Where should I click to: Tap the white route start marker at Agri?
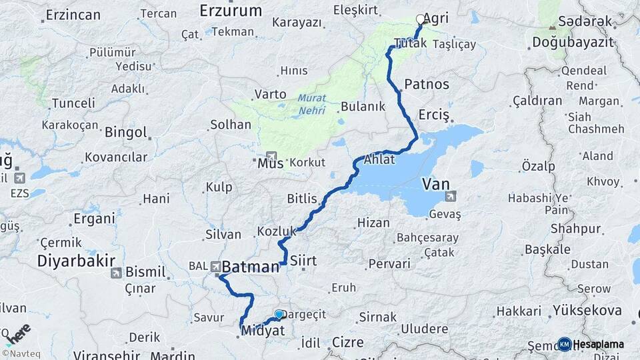(420, 19)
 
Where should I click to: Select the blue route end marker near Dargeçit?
(279, 314)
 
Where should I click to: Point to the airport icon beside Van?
(451, 196)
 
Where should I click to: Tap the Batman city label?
(250, 267)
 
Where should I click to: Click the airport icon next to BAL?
(216, 267)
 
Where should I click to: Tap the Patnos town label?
(427, 85)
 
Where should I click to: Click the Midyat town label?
(263, 331)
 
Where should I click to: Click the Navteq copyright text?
(19, 353)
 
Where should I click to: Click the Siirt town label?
(303, 261)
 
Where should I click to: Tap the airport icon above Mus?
(271, 156)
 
